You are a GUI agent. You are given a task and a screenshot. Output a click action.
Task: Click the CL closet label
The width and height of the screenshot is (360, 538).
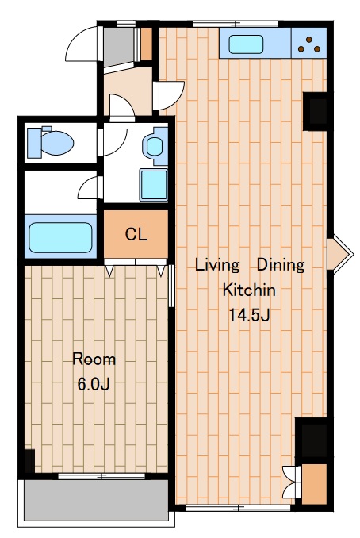[136, 234]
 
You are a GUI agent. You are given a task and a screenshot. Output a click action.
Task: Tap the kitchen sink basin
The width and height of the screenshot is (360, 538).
[246, 44]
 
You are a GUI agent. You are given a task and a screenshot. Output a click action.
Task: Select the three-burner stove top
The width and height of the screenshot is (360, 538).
[308, 43]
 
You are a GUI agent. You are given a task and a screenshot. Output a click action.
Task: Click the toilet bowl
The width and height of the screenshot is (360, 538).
[51, 142]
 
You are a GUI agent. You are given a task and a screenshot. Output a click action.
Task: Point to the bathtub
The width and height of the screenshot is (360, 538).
[60, 237]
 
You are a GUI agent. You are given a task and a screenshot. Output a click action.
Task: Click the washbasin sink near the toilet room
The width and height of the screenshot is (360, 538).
[155, 146]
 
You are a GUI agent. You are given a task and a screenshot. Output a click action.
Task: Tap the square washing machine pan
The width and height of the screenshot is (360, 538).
[153, 185]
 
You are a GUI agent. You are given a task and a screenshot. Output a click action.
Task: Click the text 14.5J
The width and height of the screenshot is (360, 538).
[249, 315]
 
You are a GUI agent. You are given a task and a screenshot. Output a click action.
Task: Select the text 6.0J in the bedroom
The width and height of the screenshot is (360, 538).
[94, 384]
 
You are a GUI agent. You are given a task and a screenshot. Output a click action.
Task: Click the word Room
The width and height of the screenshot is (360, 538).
[94, 359]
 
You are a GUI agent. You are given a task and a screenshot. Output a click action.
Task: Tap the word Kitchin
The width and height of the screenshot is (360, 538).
[249, 290]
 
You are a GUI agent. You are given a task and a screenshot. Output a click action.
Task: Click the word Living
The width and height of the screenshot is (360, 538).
[217, 265]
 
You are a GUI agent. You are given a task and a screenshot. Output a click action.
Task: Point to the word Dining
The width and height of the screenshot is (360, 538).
[281, 265]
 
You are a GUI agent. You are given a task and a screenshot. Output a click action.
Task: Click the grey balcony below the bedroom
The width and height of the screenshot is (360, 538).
[96, 500]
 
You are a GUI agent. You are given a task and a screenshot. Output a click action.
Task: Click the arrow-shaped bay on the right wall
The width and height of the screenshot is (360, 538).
[339, 254]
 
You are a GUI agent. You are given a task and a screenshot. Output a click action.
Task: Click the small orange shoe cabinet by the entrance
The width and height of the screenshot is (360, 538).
[147, 44]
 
